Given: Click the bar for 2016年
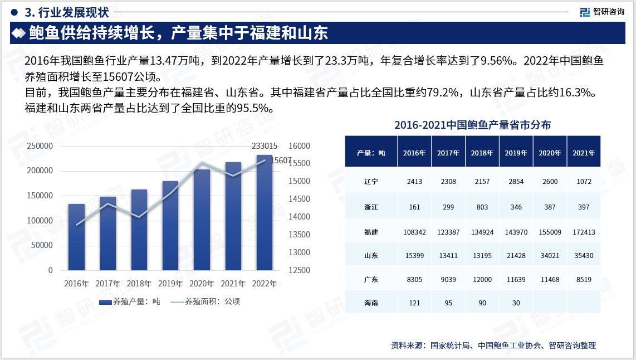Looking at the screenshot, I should pyautogui.click(x=76, y=237).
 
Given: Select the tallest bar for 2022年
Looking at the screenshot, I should pyautogui.click(x=265, y=212).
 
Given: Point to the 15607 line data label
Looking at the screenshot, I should pyautogui.click(x=281, y=160).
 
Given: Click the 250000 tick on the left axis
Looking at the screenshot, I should pyautogui.click(x=40, y=146).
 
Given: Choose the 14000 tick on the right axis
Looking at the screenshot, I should pyautogui.click(x=299, y=217).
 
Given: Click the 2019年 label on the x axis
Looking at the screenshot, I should pyautogui.click(x=170, y=284).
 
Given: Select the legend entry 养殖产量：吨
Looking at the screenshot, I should pyautogui.click(x=129, y=301).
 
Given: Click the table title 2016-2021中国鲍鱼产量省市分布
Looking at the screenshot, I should pyautogui.click(x=472, y=125).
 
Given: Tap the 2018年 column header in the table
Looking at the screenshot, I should pyautogui.click(x=482, y=153).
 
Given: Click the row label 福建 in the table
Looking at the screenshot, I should pyautogui.click(x=371, y=232).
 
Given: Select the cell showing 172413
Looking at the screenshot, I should pyautogui.click(x=583, y=232).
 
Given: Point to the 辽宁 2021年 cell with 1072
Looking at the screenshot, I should pyautogui.click(x=584, y=182).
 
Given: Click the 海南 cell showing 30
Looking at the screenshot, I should pyautogui.click(x=516, y=303).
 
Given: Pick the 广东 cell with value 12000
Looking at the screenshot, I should pyautogui.click(x=482, y=280).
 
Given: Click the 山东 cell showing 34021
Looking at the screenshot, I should pyautogui.click(x=550, y=256).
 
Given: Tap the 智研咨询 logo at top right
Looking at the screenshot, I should pyautogui.click(x=602, y=12).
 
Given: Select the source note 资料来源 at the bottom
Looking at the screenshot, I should pyautogui.click(x=493, y=346).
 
